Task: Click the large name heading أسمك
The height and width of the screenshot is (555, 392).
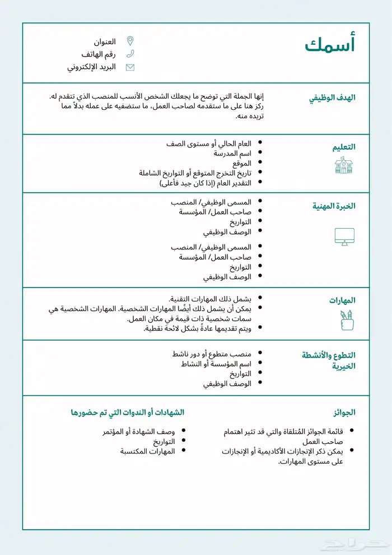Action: tap(330, 45)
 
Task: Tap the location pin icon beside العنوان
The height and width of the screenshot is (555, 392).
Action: tap(130, 41)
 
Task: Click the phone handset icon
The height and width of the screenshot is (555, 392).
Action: tap(130, 54)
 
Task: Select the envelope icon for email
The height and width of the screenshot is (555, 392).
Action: tap(130, 67)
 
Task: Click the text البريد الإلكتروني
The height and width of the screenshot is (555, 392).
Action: tap(91, 67)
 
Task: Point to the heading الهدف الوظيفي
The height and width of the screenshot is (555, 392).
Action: tap(332, 98)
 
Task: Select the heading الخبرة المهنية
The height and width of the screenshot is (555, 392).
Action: tap(334, 206)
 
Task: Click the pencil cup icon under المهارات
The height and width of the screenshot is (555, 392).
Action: tap(346, 320)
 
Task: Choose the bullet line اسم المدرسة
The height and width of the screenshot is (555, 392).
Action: tap(232, 153)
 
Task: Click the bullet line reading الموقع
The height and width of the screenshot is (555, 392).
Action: tap(242, 163)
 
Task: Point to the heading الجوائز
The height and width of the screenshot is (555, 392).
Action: tap(344, 412)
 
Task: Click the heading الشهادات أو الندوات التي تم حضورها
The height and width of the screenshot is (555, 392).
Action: tap(128, 412)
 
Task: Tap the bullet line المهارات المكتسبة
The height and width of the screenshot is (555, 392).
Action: tap(147, 451)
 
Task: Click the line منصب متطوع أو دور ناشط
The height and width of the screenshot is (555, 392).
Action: tap(212, 354)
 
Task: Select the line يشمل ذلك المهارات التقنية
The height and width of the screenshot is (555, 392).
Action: tap(210, 299)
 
